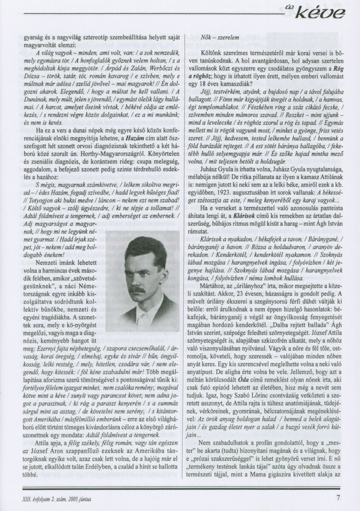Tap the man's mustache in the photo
point(137,289)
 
